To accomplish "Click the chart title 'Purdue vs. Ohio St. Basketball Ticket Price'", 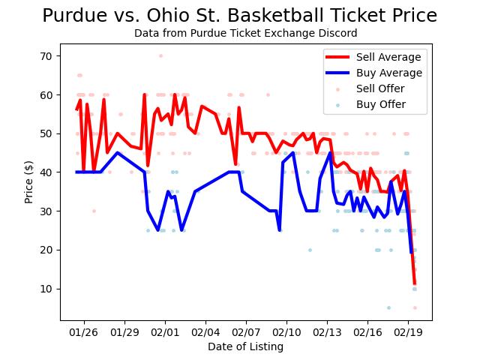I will point(240,16).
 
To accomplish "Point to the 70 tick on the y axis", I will point(46,56).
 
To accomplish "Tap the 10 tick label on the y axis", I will point(46,289).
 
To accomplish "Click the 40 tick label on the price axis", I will point(46,172).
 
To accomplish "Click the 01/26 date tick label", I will point(84,331).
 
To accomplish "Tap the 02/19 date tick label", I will point(407,331).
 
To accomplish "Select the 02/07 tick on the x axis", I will point(245,331).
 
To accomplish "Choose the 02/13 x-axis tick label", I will point(326,331).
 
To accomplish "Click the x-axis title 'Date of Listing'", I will point(246,346).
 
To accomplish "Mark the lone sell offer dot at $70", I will point(160,55).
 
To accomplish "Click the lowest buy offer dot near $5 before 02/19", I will point(388,307).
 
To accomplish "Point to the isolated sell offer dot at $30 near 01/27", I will point(94,211).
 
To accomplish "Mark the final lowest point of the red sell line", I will point(415,283).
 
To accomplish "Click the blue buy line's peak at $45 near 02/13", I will point(330,153).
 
